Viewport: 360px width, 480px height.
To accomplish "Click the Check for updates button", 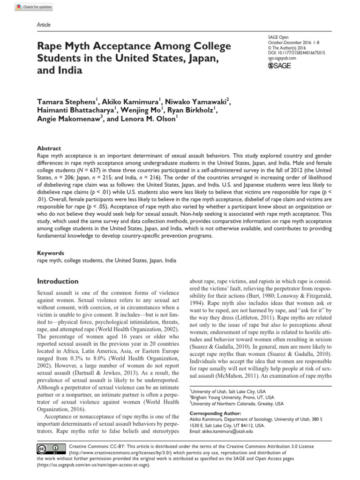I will coord(33,7).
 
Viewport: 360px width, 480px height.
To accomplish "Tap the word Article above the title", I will coord(43,25).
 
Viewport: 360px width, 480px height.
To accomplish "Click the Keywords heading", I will coord(50,252).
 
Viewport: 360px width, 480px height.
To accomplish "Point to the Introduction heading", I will coord(58,281).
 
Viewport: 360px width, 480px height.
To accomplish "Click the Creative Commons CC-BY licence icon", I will coord(49,449).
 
